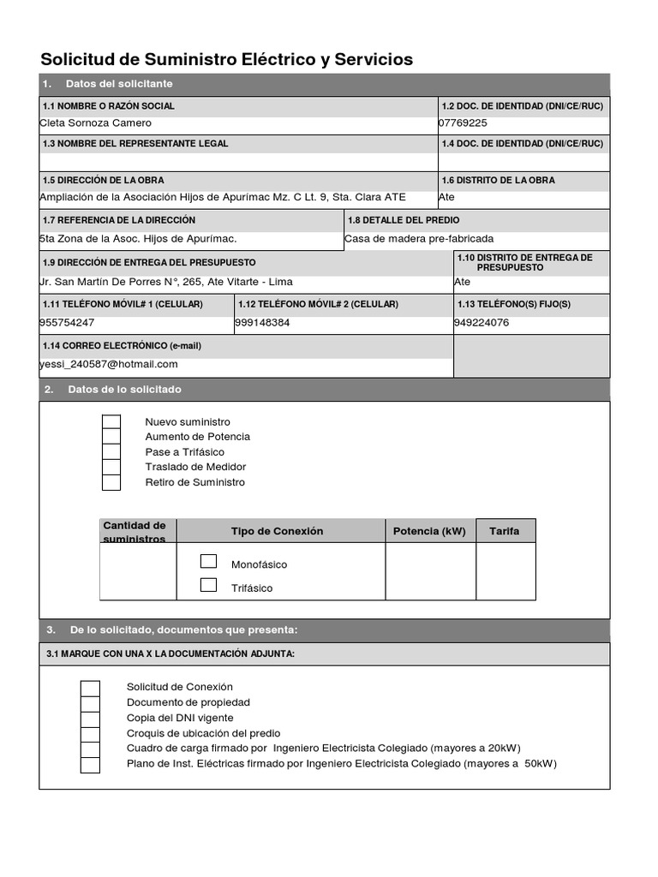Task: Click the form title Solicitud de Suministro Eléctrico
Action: pos(227,59)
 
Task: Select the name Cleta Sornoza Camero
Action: pos(96,122)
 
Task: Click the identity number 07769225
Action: pos(463,122)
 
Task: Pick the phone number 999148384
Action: pos(262,323)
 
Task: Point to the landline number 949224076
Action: pos(482,323)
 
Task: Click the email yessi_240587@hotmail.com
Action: pos(109,364)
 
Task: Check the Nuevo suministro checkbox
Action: pos(111,422)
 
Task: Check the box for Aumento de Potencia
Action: pos(111,437)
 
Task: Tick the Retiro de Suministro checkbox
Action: pos(111,482)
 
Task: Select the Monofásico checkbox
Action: pos(208,562)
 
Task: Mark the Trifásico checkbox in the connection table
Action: pos(208,586)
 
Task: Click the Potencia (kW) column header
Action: pos(429,531)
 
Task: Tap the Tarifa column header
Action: pos(505,531)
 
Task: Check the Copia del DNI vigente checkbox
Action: pos(90,719)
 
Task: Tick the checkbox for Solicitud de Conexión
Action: pos(90,688)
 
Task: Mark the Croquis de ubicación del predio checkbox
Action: pos(90,734)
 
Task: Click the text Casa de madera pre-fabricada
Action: pos(419,239)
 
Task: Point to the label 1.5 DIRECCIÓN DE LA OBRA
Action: pos(104,181)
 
